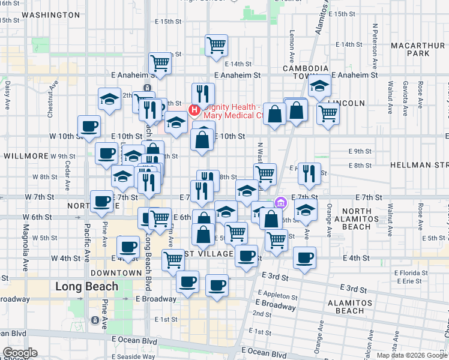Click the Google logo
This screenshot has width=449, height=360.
(x=20, y=353)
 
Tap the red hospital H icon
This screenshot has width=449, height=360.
(x=194, y=109)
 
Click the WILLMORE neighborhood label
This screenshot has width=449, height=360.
(x=26, y=155)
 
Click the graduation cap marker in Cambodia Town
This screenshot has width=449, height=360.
(x=319, y=87)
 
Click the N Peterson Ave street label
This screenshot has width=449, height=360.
(x=374, y=43)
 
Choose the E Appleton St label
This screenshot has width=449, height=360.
(x=277, y=296)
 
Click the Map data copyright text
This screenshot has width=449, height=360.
(x=412, y=355)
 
